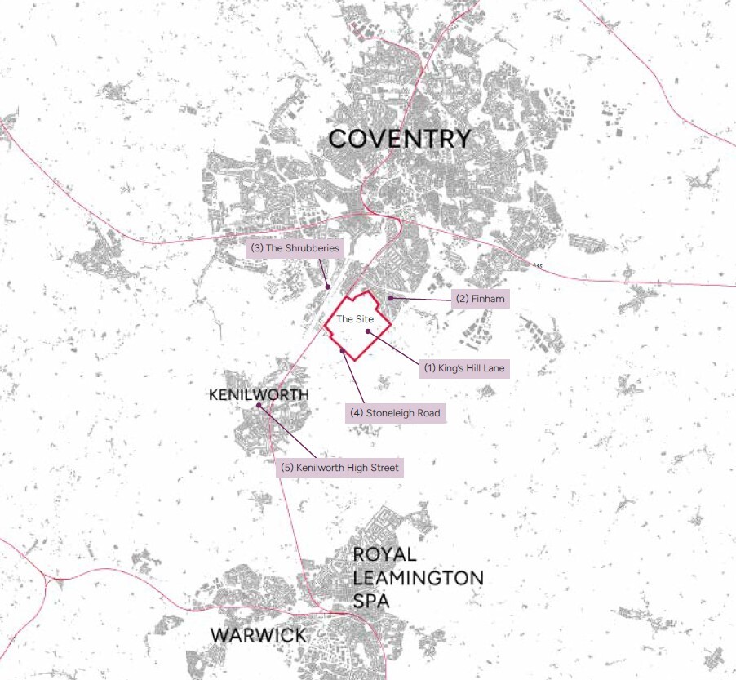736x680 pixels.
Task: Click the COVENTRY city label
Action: click(399, 139)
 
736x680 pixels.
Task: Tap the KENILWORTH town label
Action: click(259, 395)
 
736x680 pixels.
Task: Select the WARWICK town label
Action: click(258, 634)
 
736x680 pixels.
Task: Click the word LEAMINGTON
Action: click(418, 578)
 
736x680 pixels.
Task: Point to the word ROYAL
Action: click(384, 554)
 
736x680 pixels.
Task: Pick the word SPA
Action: click(370, 602)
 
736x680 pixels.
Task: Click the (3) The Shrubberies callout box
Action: click(295, 248)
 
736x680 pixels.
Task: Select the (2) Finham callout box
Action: click(481, 299)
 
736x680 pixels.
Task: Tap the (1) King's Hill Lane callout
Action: click(464, 368)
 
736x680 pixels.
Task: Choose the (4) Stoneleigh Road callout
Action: click(395, 413)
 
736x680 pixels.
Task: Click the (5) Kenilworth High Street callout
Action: click(340, 468)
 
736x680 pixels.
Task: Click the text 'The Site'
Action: click(355, 319)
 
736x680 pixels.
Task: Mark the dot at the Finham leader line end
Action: click(391, 298)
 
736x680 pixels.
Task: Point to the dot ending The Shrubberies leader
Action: click(327, 286)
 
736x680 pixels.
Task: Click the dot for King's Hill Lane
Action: click(368, 331)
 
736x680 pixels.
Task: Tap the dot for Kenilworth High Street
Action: click(259, 406)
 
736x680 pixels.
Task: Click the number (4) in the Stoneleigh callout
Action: click(357, 413)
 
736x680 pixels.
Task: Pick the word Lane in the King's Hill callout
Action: click(494, 368)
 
